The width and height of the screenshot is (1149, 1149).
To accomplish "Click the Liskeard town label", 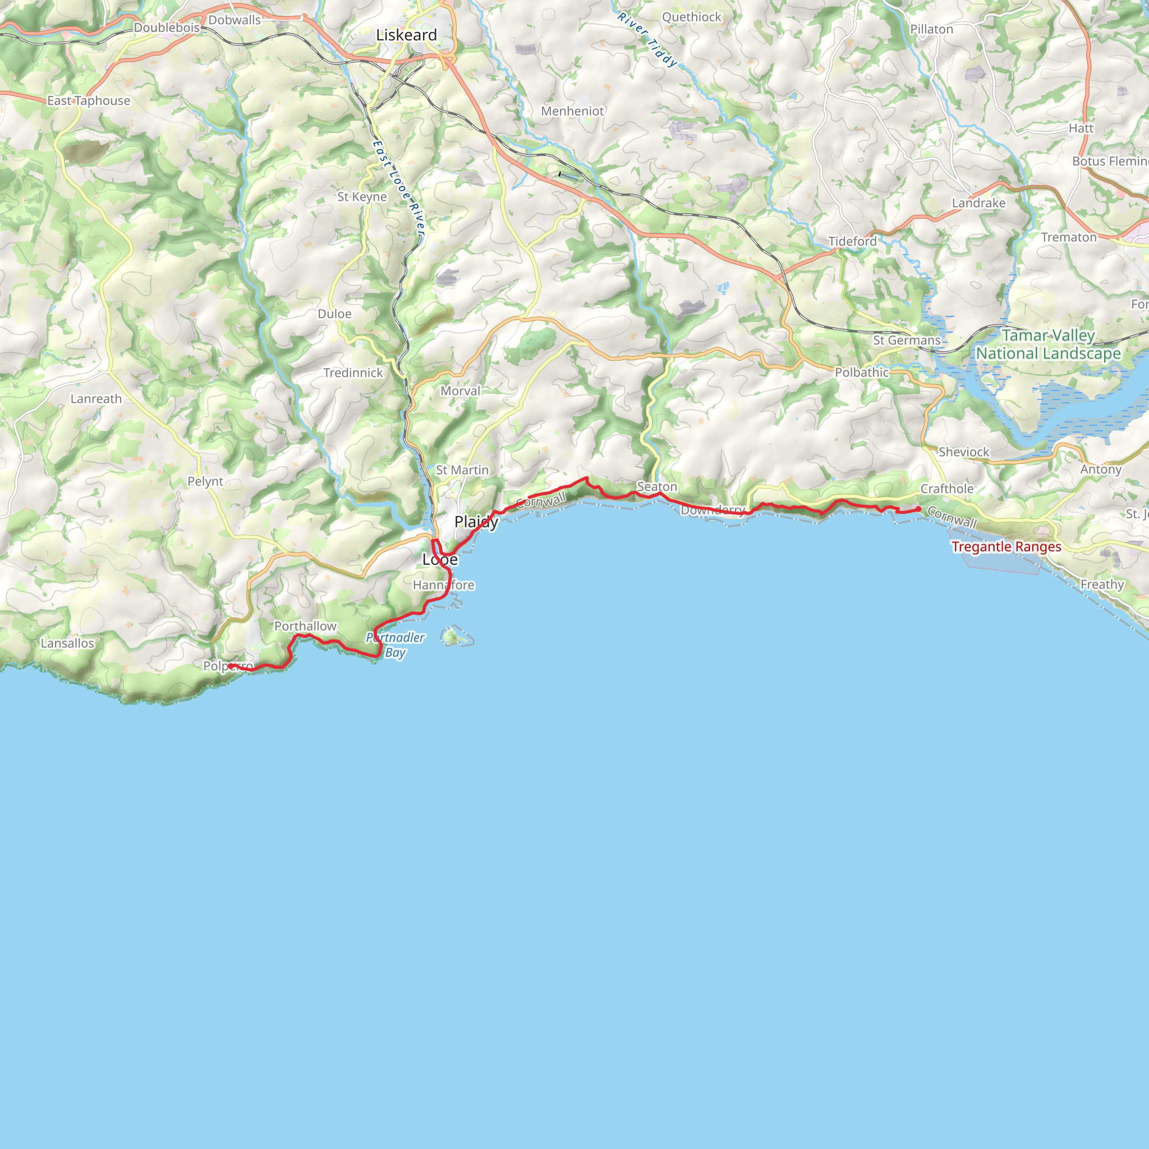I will [406, 35].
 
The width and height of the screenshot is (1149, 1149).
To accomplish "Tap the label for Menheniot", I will [572, 111].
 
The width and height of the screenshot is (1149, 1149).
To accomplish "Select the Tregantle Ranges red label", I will [1006, 546].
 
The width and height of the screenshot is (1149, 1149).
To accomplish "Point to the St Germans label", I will [907, 340].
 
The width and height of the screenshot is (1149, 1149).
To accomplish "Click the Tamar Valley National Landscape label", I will [1049, 344].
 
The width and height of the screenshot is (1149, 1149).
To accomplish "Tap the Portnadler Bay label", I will [396, 645].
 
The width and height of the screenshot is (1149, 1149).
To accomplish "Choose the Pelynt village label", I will [205, 481].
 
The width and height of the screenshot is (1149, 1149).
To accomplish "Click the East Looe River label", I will [398, 187].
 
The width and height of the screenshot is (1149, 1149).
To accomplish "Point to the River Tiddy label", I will [646, 40].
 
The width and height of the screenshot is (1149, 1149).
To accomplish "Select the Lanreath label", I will [96, 398].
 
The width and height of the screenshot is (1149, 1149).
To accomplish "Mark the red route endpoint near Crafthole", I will [918, 509].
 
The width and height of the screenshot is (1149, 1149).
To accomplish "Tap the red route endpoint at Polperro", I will [230, 666].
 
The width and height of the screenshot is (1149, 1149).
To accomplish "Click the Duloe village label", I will [334, 314].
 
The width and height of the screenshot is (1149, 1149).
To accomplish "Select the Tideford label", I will [852, 241].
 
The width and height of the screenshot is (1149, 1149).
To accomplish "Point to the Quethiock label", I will [692, 17].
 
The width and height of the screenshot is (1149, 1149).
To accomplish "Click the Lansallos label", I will [67, 643].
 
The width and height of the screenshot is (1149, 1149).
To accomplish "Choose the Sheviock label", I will [963, 452].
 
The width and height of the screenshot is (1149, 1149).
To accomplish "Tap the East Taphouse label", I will [89, 100].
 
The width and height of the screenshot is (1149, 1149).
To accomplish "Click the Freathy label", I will [1102, 584].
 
